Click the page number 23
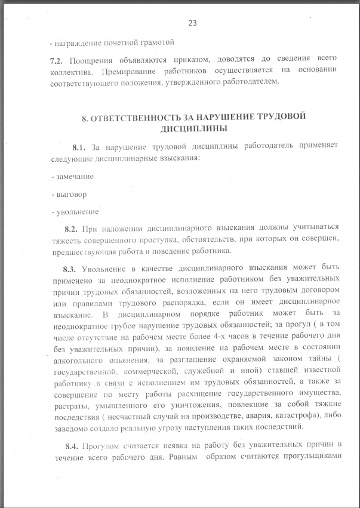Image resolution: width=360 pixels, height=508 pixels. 192,23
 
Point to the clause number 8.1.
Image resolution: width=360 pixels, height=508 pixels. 79,146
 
